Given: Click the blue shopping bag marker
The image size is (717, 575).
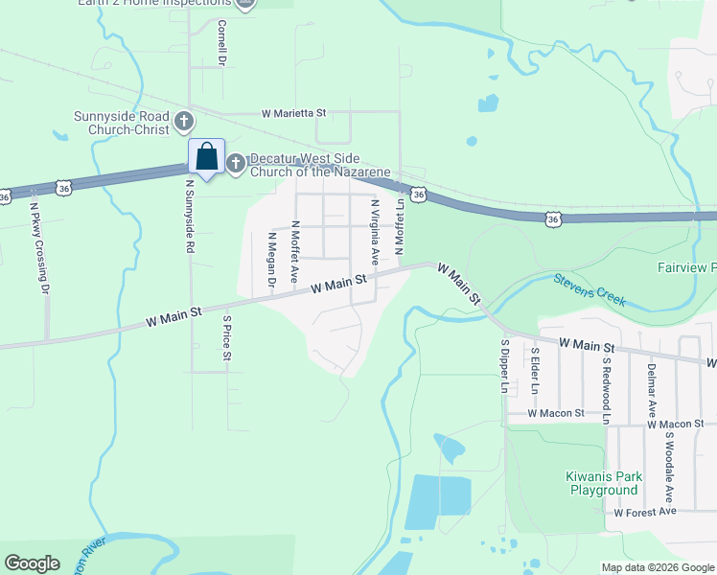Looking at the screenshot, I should coord(206,157).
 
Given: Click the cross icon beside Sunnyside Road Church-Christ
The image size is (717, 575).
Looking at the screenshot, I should coord(184,123).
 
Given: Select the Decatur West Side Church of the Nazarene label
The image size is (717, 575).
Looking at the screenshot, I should coord(320,166).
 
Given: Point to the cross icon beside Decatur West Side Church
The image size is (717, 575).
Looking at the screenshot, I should coord(236,160).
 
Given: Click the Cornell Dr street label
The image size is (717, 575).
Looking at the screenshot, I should coord(221,43).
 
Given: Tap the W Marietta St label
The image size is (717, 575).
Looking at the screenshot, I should coord(294,113).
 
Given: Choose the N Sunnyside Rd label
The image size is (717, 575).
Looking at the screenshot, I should coord(190,216).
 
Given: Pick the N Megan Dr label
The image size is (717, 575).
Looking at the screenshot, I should coord(271,258).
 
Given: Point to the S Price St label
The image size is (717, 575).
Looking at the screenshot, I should coord(227,338).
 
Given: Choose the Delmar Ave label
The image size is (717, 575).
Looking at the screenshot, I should coord(651,394).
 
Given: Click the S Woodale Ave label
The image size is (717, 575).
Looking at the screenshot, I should coord(670,470).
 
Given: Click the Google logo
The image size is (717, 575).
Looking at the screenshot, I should coord(33,563).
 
